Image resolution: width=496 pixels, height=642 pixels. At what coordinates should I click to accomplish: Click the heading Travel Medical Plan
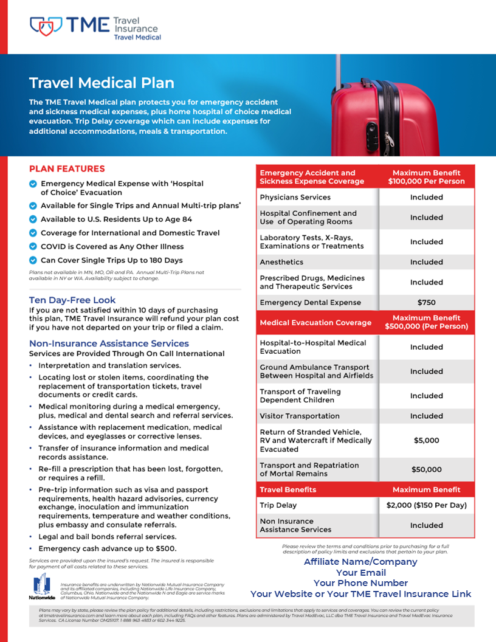[x=102, y=83]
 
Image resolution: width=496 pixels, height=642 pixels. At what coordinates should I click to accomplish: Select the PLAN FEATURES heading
[x=67, y=168]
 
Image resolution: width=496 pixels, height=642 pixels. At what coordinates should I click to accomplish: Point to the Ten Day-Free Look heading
[x=72, y=300]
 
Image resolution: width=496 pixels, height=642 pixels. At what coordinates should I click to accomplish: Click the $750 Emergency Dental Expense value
[x=426, y=302]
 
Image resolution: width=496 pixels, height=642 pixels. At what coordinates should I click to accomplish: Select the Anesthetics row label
[x=281, y=262]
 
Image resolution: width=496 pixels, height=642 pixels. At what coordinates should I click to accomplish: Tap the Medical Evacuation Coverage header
[x=315, y=323]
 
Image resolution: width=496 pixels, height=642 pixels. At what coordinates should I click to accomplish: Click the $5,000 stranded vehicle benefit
[x=426, y=440]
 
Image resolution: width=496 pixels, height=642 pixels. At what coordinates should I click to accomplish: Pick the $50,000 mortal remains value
[x=426, y=469]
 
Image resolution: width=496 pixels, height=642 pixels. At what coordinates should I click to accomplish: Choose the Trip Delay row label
[x=278, y=505]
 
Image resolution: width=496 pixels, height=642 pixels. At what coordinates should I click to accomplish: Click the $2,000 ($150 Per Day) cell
[x=426, y=505]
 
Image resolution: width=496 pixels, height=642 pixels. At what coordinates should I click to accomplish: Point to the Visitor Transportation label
[x=300, y=416]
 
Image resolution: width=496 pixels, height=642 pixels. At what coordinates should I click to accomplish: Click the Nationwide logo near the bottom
[x=41, y=587]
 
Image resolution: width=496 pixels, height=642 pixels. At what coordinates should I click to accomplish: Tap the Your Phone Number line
[x=360, y=583]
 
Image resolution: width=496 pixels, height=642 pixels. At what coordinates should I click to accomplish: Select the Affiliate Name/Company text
[x=360, y=562]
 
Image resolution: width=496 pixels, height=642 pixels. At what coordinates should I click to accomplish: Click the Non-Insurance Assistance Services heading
[x=109, y=343]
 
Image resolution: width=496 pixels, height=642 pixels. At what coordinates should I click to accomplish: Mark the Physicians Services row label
[x=295, y=197]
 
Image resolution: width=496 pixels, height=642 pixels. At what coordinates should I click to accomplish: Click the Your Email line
[x=360, y=573]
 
